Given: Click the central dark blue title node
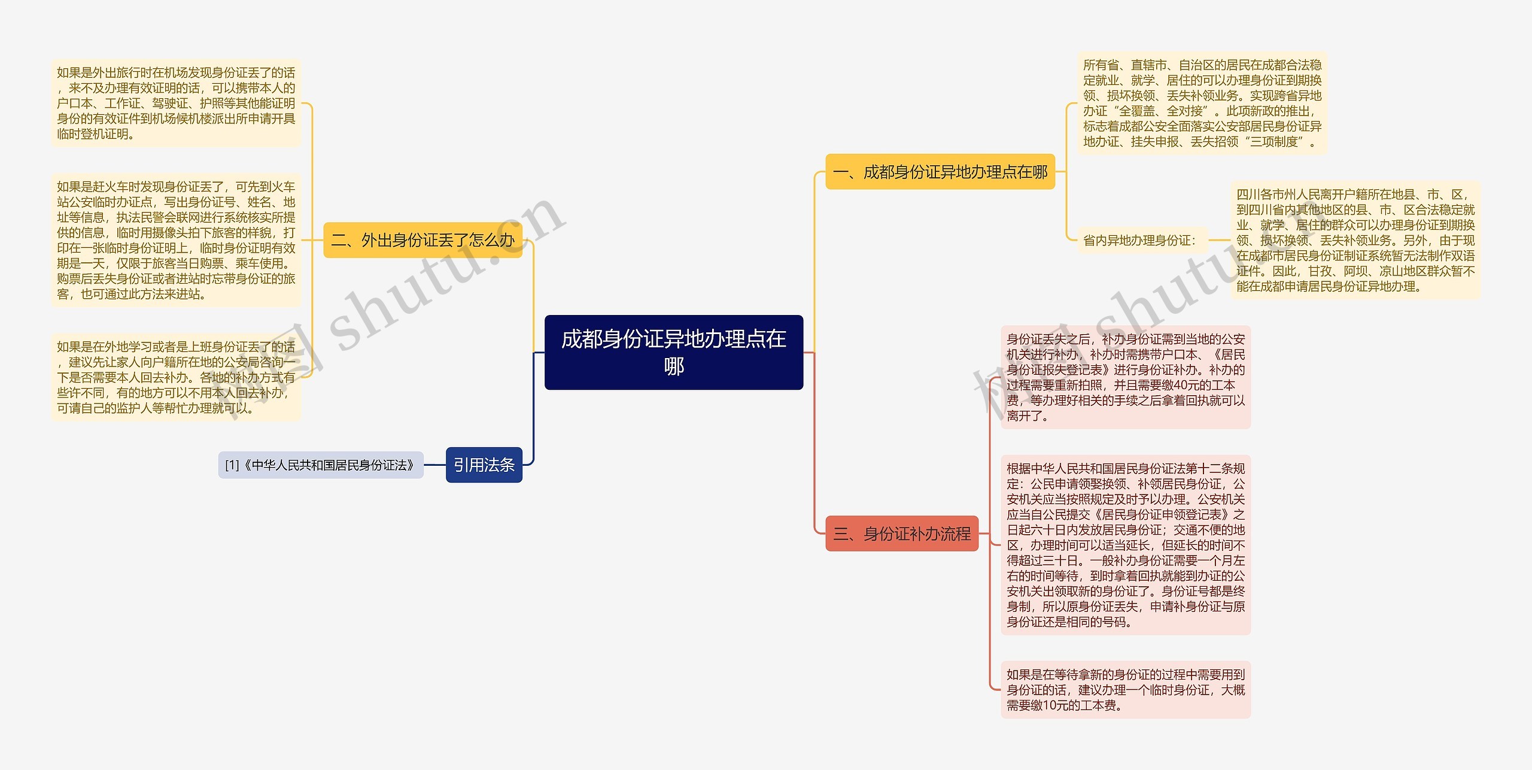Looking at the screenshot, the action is coord(673,352).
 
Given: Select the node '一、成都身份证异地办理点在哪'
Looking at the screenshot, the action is coord(940,172).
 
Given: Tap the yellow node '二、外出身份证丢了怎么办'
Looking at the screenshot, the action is coord(422,240).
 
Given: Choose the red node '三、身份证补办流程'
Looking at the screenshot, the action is coord(901,533).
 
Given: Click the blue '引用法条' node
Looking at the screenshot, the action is coord(484,465).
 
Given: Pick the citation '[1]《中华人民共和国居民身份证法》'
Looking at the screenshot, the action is coord(321,465).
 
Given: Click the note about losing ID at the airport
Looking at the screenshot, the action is coord(175,103).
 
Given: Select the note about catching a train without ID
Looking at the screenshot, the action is coord(175,240).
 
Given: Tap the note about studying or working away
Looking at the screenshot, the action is coord(175,377).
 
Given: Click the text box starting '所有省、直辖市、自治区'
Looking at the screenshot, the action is coord(1202,103).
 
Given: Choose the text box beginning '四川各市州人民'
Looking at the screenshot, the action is coord(1355,240).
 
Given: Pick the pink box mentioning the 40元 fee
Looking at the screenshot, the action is coord(1125,377).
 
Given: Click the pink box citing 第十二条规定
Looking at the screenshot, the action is coord(1125,545).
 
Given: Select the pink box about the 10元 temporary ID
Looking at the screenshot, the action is coord(1125,690).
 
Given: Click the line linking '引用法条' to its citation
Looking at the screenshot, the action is coord(434,465).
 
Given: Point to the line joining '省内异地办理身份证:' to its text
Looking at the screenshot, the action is coord(1218,241).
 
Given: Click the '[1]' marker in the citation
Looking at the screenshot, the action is coord(232,465).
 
